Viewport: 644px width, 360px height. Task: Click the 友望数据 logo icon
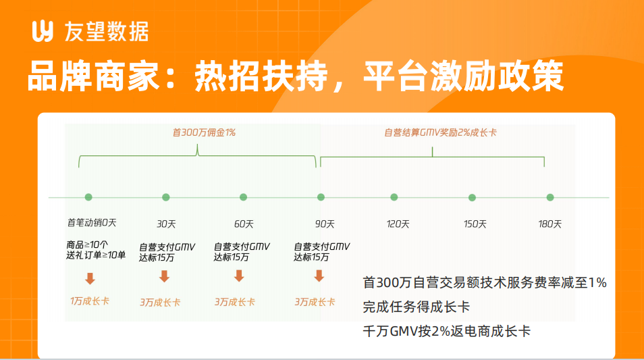pos(43,31)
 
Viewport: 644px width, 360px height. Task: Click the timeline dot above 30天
pos(166,197)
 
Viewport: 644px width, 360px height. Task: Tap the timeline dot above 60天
pos(243,197)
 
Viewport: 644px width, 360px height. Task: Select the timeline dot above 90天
pos(321,197)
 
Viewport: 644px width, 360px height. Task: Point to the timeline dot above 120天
pos(394,197)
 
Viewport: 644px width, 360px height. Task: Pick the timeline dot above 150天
pos(472,198)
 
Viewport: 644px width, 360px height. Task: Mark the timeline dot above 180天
pos(550,198)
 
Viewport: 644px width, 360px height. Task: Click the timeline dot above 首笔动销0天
pos(88,197)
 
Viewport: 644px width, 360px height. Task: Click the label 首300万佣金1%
pos(204,132)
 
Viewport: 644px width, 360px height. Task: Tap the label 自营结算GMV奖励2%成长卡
pos(440,132)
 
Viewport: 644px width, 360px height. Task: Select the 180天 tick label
pos(549,224)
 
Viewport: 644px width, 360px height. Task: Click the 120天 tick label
pos(398,224)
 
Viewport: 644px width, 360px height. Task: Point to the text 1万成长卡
pos(90,301)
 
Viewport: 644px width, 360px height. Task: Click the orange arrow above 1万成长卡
pos(90,279)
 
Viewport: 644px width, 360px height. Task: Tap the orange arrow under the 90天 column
pos(319,276)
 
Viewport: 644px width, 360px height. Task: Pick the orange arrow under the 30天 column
pos(164,276)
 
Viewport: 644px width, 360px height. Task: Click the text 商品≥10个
pos(86,245)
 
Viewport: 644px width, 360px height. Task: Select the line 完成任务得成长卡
pos(416,307)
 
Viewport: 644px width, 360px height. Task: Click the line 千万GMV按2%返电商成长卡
pos(446,331)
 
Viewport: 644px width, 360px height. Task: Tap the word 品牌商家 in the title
pos(93,76)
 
